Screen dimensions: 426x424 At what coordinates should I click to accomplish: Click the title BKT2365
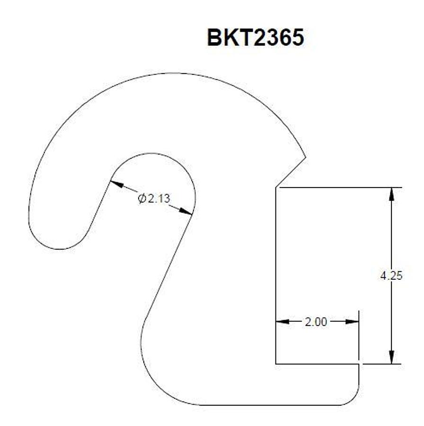[255, 37]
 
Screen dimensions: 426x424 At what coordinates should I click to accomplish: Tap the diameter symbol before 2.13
[141, 198]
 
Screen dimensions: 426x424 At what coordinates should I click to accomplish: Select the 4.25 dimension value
[391, 275]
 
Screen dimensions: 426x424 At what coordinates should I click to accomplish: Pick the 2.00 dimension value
[316, 322]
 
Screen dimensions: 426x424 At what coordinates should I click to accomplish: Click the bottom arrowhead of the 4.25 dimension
[391, 358]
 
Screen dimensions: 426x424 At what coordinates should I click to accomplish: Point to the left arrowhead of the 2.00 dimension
[282, 322]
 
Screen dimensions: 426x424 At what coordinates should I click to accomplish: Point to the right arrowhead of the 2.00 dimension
[353, 322]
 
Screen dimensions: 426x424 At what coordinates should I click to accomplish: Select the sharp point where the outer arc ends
[306, 157]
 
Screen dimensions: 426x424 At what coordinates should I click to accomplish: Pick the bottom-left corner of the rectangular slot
[276, 364]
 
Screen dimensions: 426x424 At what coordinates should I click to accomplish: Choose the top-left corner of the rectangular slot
[276, 187]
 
